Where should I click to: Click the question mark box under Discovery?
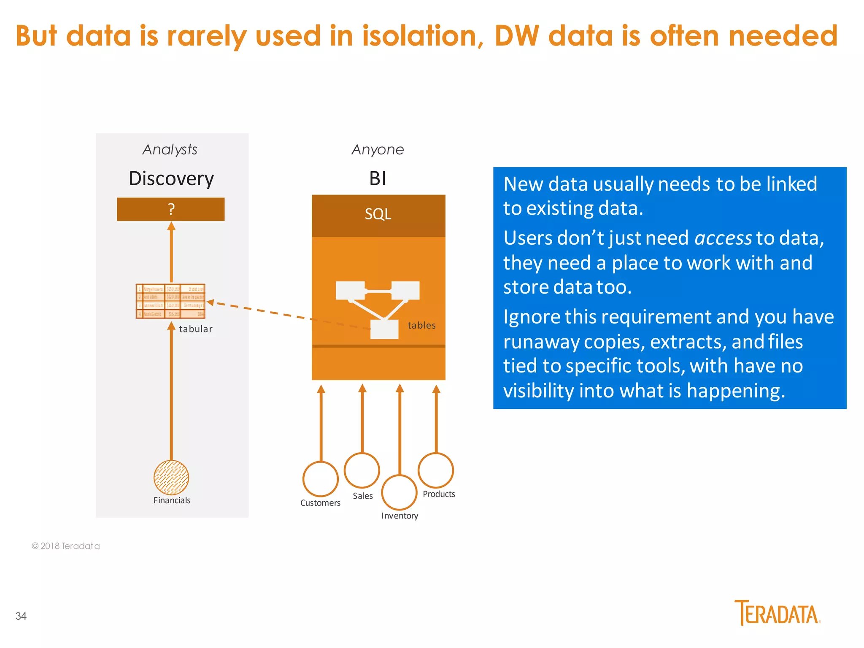[170, 209]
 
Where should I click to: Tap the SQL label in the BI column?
[378, 214]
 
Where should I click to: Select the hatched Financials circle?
[171, 478]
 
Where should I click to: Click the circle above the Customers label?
[320, 479]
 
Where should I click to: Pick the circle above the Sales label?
[362, 470]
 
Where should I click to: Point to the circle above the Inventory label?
[399, 492]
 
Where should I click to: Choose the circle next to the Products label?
[436, 470]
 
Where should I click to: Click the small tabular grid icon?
[170, 301]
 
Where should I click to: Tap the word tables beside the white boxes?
[421, 325]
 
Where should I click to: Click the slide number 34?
[21, 616]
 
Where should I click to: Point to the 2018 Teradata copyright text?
[66, 546]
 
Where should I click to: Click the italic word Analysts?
[170, 149]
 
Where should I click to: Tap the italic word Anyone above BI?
[378, 149]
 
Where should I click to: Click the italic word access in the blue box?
[723, 238]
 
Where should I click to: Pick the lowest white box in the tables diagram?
[384, 329]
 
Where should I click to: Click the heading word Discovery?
[171, 178]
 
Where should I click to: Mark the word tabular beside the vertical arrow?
[195, 329]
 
